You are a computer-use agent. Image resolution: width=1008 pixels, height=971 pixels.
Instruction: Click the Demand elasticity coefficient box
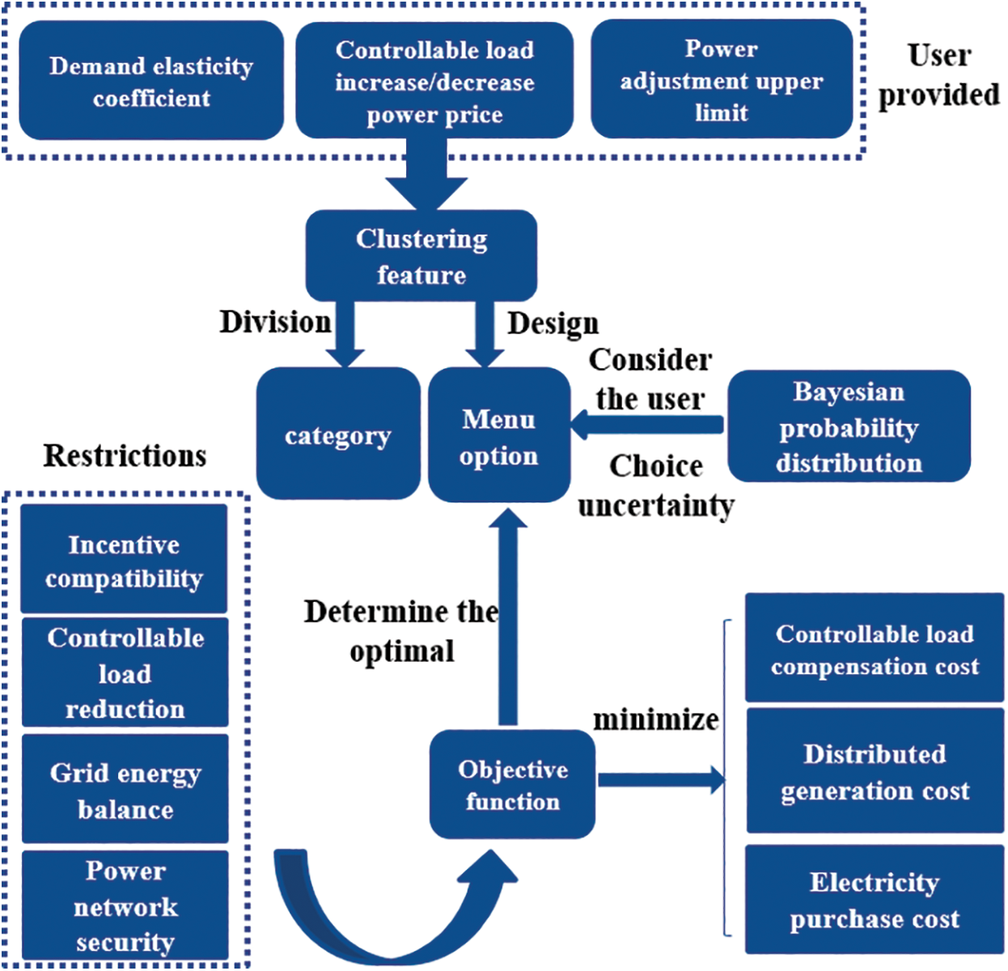151,80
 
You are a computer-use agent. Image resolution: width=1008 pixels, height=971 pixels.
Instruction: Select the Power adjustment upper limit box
722,79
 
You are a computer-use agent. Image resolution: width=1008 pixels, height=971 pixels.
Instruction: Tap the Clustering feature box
421,256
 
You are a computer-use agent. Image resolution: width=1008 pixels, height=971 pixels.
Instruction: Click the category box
338,434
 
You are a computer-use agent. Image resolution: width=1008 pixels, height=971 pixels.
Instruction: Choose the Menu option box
499,435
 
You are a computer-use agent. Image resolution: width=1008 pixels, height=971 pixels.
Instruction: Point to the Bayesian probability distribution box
849,426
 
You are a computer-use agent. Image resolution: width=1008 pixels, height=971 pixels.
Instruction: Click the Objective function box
512,784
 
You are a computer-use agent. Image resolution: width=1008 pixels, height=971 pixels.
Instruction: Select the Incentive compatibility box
124,559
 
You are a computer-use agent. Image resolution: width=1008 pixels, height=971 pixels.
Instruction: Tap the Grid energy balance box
125,789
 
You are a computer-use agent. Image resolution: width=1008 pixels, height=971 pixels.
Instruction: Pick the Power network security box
125,905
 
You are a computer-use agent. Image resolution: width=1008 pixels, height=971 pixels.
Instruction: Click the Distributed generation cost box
875,771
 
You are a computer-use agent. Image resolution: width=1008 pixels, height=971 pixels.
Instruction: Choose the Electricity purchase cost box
875,900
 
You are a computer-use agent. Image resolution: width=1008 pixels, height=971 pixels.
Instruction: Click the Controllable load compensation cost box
875,647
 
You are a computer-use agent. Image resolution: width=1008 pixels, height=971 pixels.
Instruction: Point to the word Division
275,322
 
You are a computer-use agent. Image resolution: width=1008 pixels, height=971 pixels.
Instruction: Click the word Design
553,324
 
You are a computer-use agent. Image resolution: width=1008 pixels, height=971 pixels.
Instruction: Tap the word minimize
656,719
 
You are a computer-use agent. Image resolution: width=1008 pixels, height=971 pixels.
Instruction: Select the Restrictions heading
125,456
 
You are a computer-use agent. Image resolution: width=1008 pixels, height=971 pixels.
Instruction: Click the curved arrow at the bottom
396,907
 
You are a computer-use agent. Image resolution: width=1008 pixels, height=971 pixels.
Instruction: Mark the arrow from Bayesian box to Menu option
646,425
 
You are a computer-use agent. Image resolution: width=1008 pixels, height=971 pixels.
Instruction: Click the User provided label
938,75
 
